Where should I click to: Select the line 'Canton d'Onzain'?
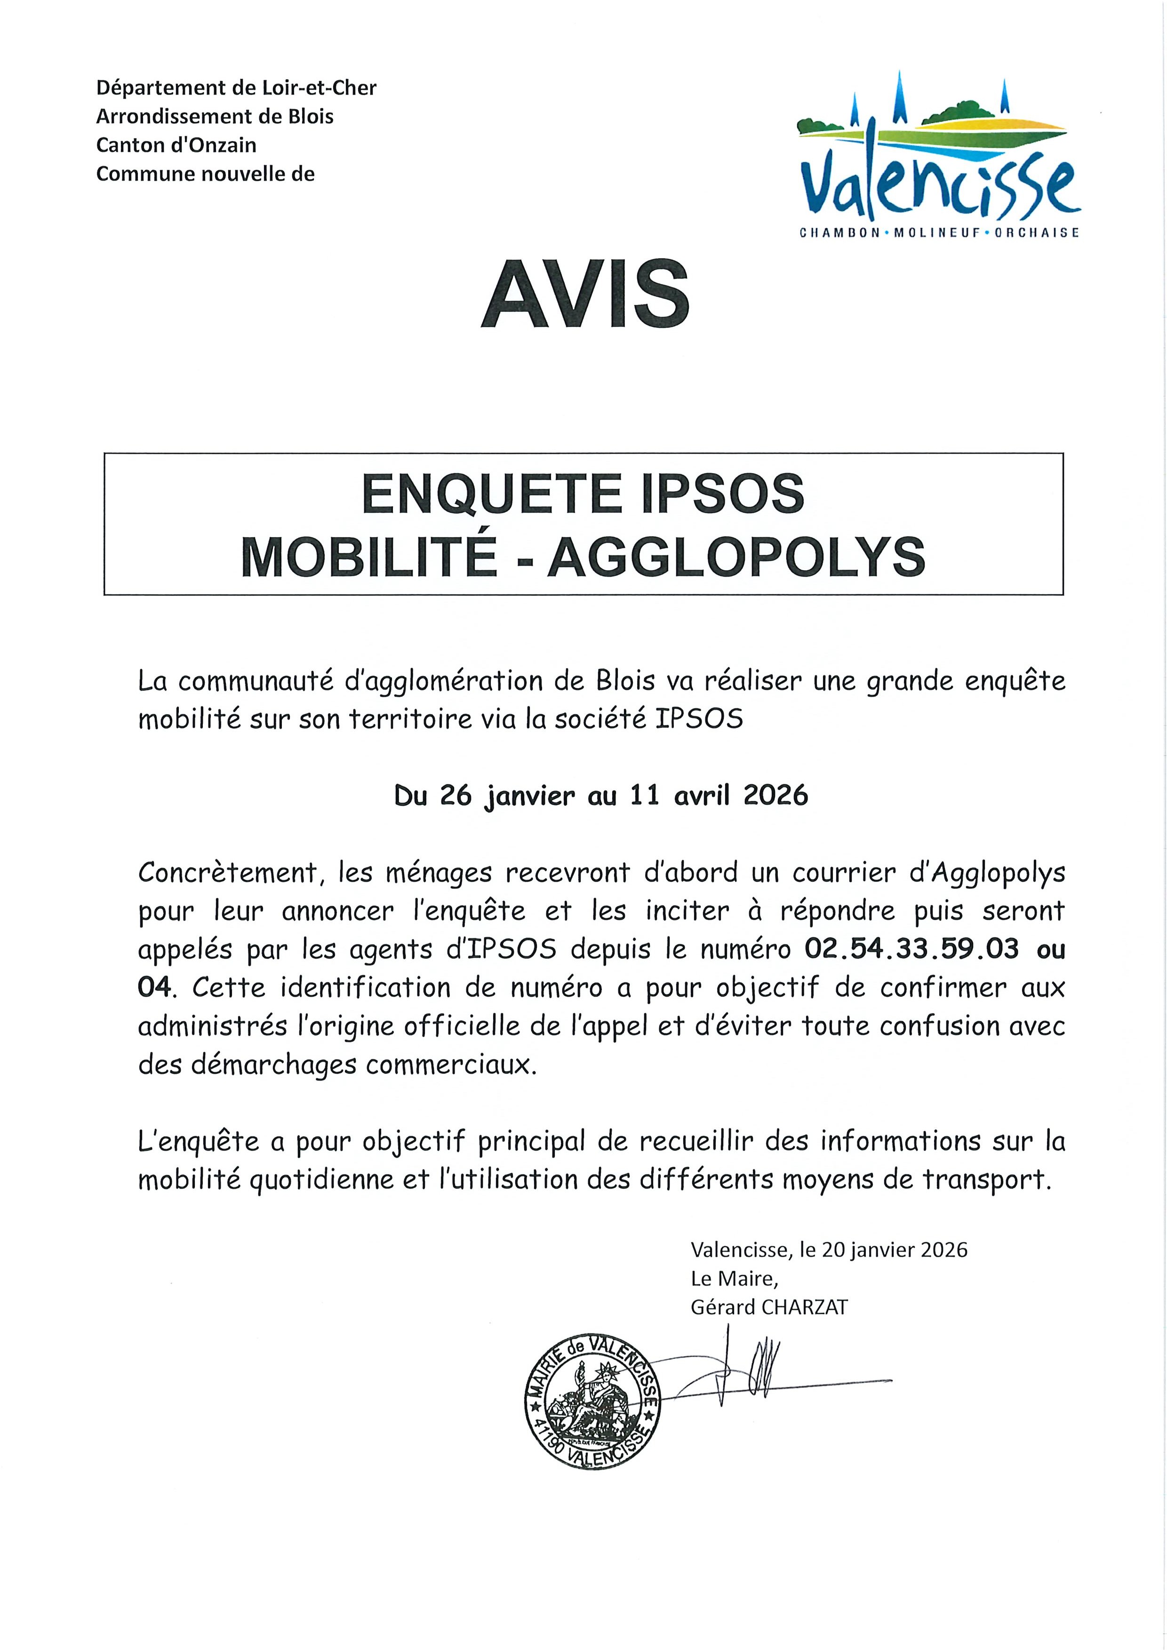[x=176, y=145]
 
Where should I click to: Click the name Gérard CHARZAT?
[x=768, y=1307]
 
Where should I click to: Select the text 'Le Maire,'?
[x=734, y=1278]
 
